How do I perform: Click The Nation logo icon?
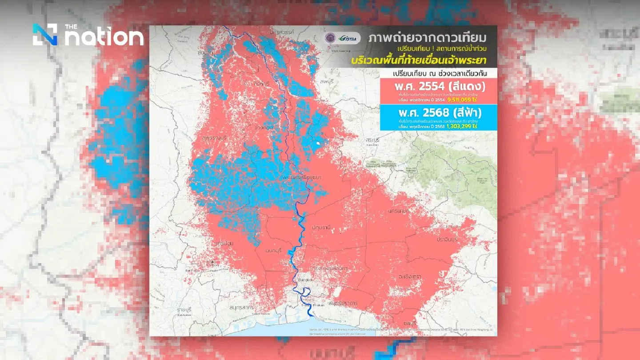click(x=45, y=35)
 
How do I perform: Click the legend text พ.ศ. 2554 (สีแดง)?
click(x=438, y=87)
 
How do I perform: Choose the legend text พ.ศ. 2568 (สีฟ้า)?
click(x=438, y=113)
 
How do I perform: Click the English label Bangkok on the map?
click(x=306, y=280)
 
